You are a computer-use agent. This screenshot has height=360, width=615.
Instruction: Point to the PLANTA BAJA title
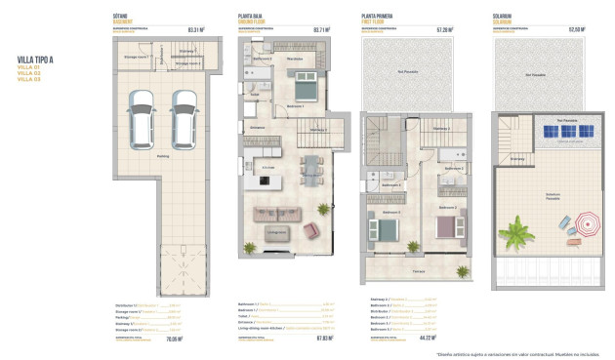[x=253, y=16]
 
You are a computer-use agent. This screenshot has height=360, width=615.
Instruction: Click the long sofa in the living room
[x=278, y=215]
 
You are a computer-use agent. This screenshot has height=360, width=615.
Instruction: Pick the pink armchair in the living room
[x=311, y=230]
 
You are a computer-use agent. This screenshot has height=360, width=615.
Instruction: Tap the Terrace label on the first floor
[x=418, y=269]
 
